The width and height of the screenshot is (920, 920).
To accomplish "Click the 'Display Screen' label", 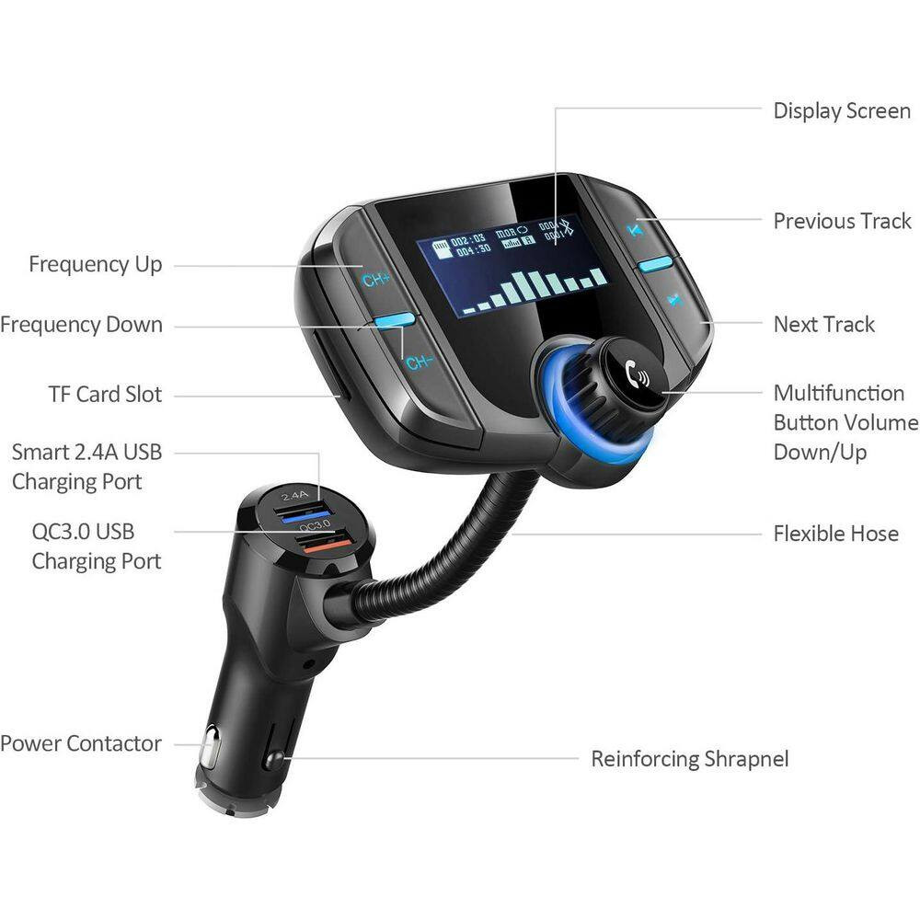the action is (x=841, y=111).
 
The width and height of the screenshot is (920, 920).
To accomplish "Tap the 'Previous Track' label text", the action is (x=842, y=221).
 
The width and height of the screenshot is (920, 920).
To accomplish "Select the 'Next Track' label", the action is (x=823, y=324).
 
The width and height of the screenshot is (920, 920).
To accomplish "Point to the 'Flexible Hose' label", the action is (x=835, y=534).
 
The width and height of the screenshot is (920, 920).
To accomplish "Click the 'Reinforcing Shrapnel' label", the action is (x=689, y=759).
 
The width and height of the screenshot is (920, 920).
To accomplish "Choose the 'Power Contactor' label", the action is (x=81, y=743).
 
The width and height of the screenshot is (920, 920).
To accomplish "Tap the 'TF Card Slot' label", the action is (x=105, y=395).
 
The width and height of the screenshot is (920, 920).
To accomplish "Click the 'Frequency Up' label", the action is (x=95, y=265).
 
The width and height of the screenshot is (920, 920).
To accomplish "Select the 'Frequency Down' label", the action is (x=81, y=325).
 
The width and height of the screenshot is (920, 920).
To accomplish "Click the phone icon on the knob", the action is (x=635, y=374).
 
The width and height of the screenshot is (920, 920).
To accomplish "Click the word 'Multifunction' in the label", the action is (x=838, y=393).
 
